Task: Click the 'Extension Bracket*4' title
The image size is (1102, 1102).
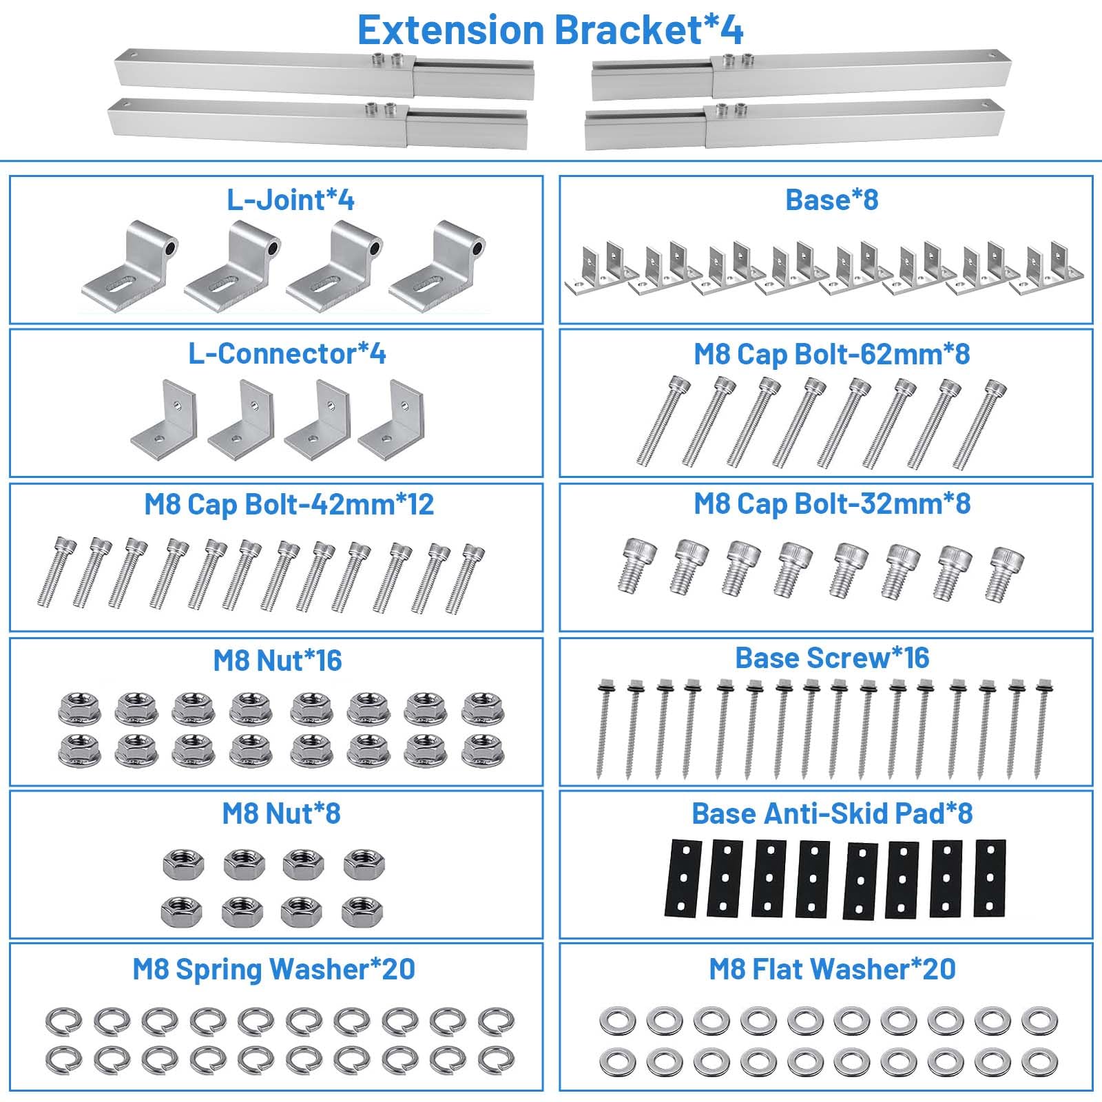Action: (x=550, y=30)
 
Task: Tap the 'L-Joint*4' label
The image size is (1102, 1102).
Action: (x=291, y=200)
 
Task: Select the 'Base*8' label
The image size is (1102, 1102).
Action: (x=832, y=200)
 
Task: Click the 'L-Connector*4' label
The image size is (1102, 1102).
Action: (x=287, y=353)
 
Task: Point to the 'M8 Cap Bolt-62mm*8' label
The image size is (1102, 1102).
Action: (x=832, y=354)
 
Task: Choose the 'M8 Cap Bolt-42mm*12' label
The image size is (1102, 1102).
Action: (x=289, y=504)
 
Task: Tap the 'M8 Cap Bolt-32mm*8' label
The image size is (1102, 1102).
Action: (x=832, y=503)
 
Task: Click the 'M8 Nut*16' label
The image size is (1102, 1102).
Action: (x=278, y=660)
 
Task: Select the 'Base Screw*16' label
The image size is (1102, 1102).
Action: (x=832, y=658)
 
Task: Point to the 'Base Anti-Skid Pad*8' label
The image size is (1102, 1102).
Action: (x=832, y=813)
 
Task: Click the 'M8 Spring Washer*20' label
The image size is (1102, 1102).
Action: (x=274, y=969)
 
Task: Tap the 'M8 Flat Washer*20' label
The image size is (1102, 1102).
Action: (x=832, y=969)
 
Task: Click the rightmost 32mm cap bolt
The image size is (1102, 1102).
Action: (x=1005, y=572)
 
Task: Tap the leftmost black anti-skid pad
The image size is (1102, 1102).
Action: (x=683, y=877)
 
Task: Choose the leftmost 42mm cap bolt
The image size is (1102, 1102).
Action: (x=54, y=571)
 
